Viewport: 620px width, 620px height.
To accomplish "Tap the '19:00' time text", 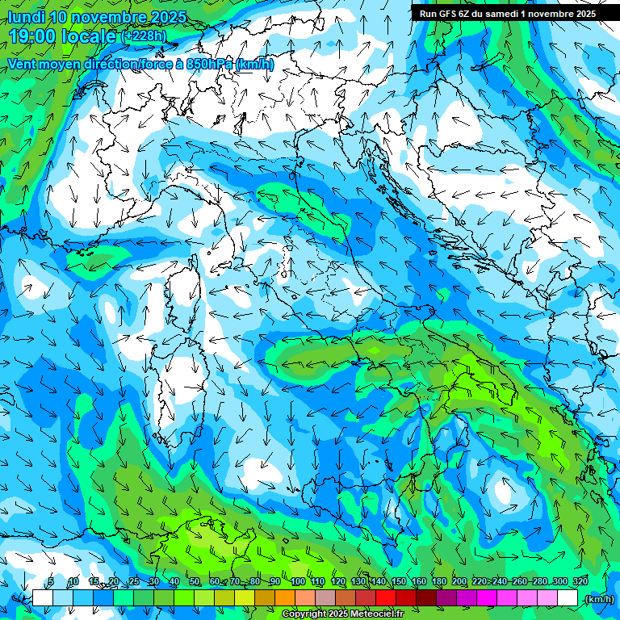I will [x=31, y=36].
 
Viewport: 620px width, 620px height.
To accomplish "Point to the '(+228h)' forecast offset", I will [x=145, y=36].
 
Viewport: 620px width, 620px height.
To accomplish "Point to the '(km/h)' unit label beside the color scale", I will [x=599, y=599].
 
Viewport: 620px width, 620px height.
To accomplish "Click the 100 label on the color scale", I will [x=297, y=581].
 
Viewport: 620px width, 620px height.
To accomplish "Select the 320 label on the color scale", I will [x=580, y=581].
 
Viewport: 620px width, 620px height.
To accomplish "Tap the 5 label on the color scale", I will [x=51, y=581].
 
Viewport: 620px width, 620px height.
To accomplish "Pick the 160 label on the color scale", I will [x=418, y=581].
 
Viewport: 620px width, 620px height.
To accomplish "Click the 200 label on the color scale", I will [x=459, y=581].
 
